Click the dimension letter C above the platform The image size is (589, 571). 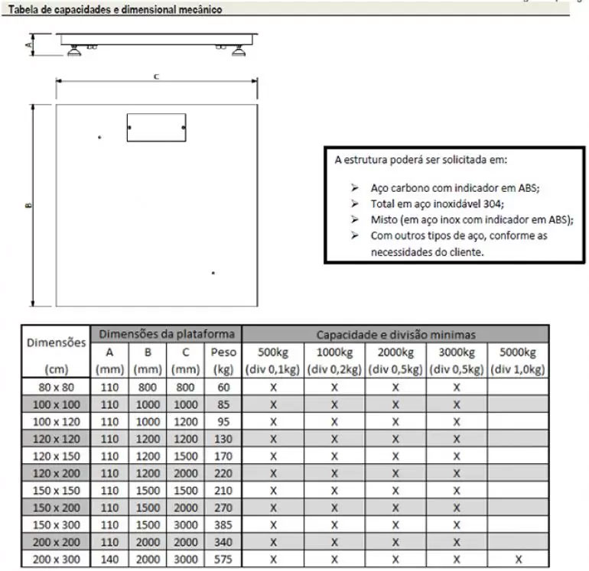(156, 76)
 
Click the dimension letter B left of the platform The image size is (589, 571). (28, 204)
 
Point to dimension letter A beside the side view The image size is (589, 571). (28, 45)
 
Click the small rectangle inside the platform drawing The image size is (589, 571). (156, 128)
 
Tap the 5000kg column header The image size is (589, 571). (517, 352)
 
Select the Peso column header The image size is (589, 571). (223, 352)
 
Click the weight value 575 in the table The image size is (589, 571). (223, 560)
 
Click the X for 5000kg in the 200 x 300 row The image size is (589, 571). (518, 560)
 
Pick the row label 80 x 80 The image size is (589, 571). (57, 387)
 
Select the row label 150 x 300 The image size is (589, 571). (57, 525)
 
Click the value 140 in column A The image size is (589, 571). (109, 560)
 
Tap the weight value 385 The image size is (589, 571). (223, 525)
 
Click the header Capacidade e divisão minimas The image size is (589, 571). (395, 334)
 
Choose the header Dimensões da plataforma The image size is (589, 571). (166, 334)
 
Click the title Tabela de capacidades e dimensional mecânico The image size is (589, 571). (116, 10)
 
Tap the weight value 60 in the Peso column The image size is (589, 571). (223, 387)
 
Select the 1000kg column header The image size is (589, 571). (334, 352)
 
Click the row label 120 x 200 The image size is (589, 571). (57, 473)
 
